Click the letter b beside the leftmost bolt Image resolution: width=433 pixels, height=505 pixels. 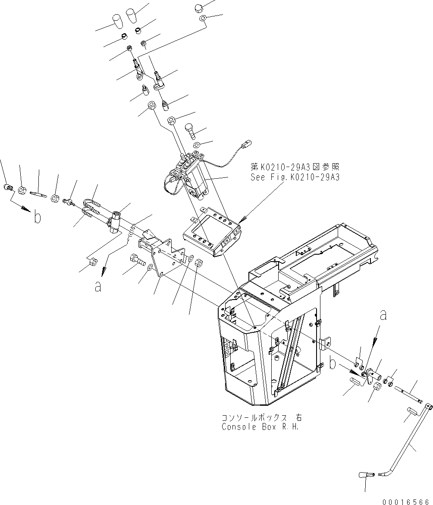point(38,217)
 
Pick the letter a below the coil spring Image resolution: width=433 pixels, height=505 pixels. point(98,286)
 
